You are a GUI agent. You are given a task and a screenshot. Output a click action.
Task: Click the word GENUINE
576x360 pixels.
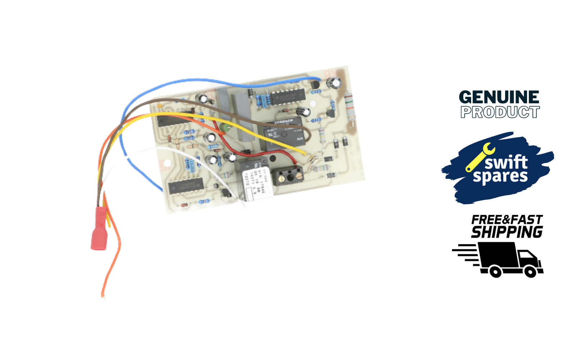tap(499, 97)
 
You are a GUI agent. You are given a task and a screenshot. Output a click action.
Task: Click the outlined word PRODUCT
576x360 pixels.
tap(500, 112)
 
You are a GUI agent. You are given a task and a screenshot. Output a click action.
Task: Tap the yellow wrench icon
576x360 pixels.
tap(480, 157)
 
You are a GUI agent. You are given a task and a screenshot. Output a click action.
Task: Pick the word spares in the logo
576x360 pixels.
tap(500, 176)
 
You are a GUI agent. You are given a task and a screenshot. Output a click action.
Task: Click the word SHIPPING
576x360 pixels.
tap(507, 232)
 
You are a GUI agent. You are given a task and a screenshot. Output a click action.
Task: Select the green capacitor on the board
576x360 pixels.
tap(225, 128)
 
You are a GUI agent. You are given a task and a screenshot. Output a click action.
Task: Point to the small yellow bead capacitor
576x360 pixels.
tap(159, 106)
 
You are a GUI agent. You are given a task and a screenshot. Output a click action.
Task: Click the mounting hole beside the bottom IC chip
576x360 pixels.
tap(167, 164)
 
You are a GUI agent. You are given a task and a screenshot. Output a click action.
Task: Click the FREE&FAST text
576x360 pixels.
tap(507, 220)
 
